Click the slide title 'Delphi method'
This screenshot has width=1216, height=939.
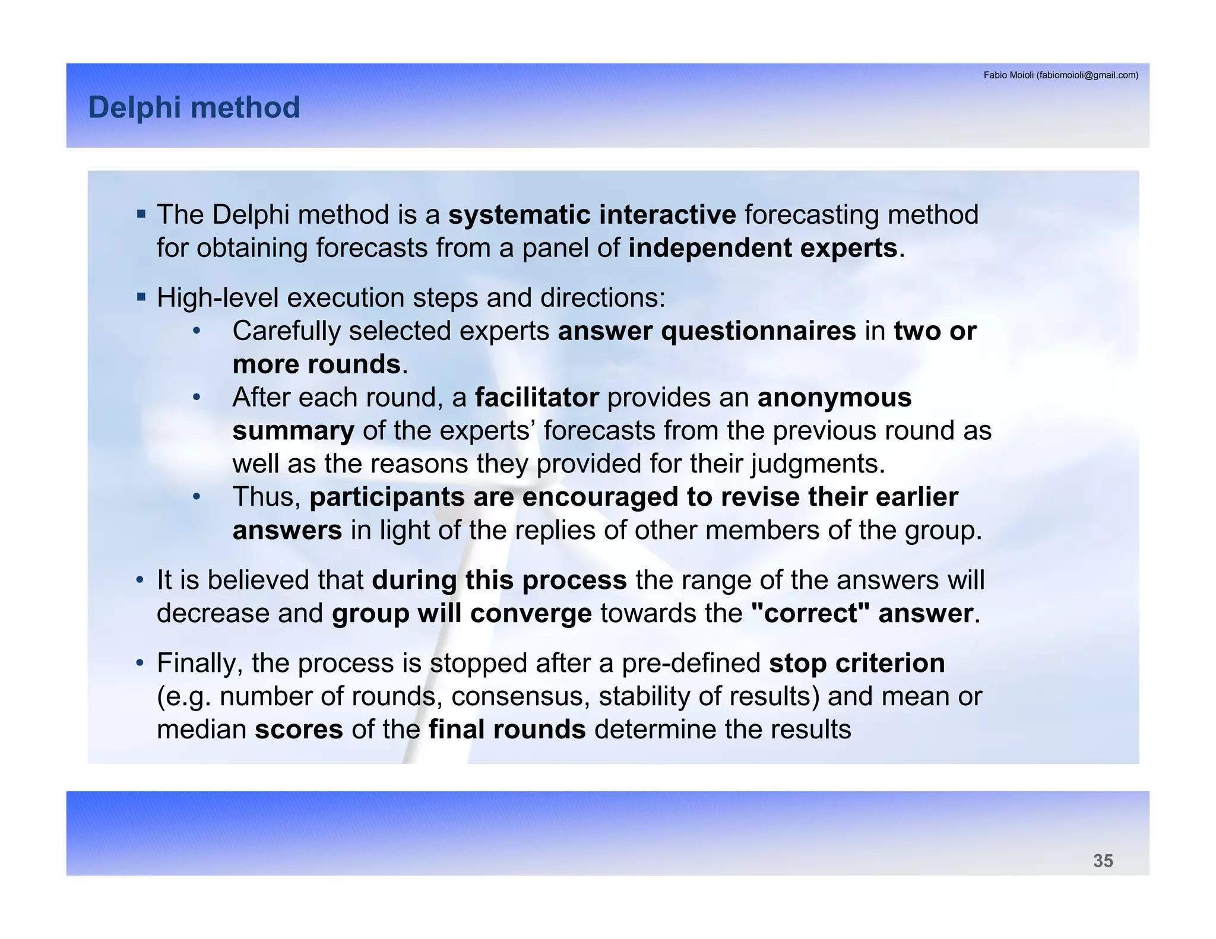pos(194,107)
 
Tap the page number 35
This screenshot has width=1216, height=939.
pos(1103,861)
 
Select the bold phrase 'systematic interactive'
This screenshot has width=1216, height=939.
pos(591,215)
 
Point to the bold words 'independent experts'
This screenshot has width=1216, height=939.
pos(762,248)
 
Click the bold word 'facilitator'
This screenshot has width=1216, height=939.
pos(537,398)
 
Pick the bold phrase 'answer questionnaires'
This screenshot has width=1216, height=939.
pos(707,331)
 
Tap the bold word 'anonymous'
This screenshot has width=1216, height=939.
pos(834,398)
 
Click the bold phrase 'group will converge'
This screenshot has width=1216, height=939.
pos(461,614)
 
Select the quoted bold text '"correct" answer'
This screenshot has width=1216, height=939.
pos(862,614)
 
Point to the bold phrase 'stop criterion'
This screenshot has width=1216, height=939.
pos(856,664)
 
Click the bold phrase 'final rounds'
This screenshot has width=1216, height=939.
pos(507,729)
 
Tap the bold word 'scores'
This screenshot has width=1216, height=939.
pos(299,729)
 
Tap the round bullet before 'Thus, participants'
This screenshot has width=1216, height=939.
pos(197,496)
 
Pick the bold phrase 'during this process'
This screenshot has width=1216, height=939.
pos(499,580)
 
